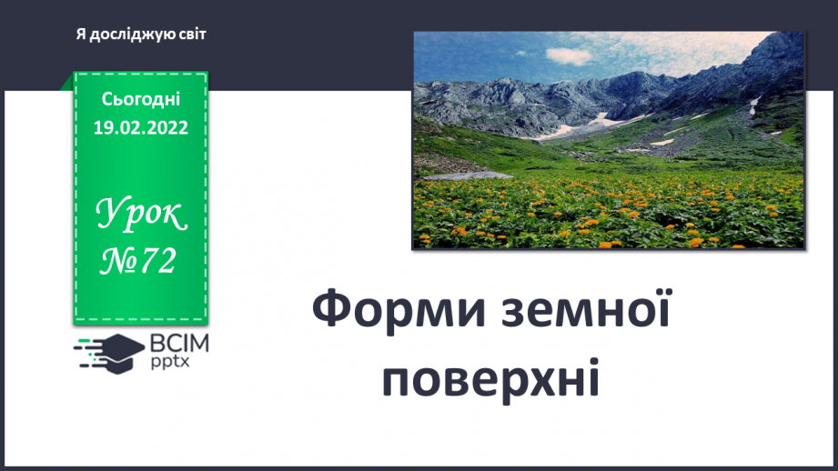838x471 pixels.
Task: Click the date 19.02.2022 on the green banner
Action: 140,128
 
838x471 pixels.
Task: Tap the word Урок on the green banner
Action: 141,215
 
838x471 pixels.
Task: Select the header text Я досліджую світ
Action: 141,35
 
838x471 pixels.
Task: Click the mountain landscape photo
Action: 609,139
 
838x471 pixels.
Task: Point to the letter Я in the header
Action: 81,35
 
